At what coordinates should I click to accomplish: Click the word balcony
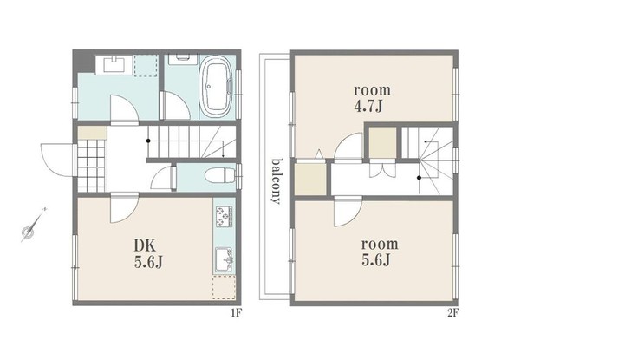275,180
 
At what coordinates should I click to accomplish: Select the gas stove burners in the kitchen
221,214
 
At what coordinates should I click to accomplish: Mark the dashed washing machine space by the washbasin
146,65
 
